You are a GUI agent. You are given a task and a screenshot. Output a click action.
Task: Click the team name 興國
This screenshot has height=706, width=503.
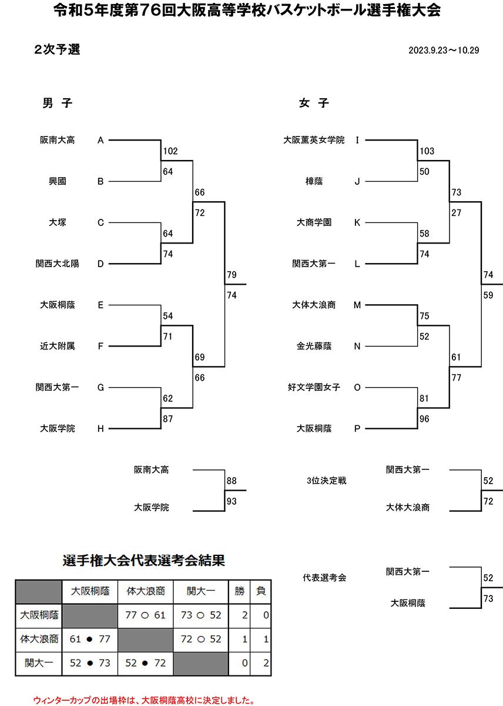pyautogui.click(x=57, y=181)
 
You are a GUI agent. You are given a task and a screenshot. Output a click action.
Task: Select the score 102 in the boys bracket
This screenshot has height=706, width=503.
pyautogui.click(x=170, y=151)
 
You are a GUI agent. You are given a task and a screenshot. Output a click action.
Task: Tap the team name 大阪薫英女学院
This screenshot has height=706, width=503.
pyautogui.click(x=314, y=140)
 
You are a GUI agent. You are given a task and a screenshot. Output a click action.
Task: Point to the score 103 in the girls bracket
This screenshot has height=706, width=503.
pyautogui.click(x=427, y=151)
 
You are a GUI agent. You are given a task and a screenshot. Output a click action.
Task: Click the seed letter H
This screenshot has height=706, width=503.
pyautogui.click(x=100, y=429)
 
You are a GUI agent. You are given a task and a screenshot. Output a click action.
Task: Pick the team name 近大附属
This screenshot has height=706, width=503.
pyautogui.click(x=57, y=347)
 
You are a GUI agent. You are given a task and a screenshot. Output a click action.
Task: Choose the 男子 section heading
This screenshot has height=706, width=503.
pyautogui.click(x=57, y=103)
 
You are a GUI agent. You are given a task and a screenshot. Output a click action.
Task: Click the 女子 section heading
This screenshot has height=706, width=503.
pyautogui.click(x=314, y=103)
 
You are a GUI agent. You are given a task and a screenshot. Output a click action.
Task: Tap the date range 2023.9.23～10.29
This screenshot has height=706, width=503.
pyautogui.click(x=444, y=50)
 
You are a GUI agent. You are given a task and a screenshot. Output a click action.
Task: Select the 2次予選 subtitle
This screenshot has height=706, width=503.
pyautogui.click(x=57, y=50)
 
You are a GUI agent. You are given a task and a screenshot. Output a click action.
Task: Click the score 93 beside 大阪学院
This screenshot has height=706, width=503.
pyautogui.click(x=232, y=501)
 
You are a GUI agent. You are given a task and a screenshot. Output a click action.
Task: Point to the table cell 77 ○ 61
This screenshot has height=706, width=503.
pyautogui.click(x=145, y=615)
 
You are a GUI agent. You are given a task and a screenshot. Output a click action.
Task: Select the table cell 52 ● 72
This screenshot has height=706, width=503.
pyautogui.click(x=145, y=663)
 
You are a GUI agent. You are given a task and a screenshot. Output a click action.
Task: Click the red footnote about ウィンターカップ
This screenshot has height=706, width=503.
pyautogui.click(x=144, y=700)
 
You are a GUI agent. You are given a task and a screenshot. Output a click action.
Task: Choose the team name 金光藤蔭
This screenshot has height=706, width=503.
pyautogui.click(x=314, y=347)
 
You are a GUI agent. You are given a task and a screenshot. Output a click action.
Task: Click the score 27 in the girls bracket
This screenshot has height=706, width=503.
pyautogui.click(x=456, y=213)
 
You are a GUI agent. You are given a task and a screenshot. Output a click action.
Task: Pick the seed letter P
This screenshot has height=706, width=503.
pyautogui.click(x=357, y=429)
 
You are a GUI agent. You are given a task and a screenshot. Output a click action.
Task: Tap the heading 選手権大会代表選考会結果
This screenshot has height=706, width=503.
pyautogui.click(x=144, y=561)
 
